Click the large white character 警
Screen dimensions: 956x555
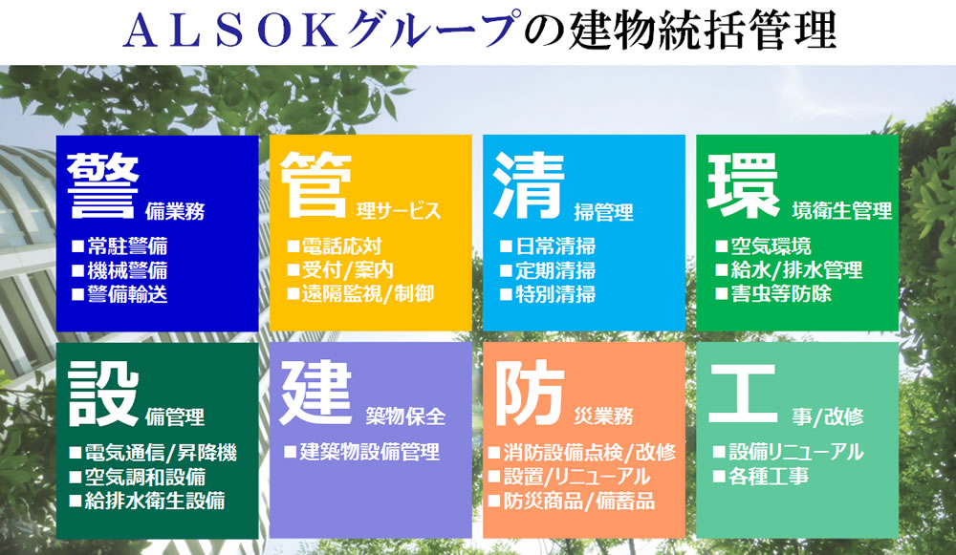click(x=103, y=185)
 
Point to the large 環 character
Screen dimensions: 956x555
click(x=743, y=185)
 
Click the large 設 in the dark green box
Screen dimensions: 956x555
click(x=103, y=393)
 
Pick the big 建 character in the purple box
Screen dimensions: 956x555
click(x=315, y=392)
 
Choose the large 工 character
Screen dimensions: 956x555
click(x=743, y=393)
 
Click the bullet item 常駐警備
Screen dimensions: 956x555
click(x=119, y=246)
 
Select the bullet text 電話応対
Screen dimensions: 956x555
click(x=335, y=246)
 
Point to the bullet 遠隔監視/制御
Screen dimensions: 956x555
click(x=361, y=293)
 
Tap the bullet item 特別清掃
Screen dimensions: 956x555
click(x=548, y=294)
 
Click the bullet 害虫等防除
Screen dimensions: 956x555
click(x=773, y=293)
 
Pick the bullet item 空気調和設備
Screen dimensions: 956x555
click(x=137, y=477)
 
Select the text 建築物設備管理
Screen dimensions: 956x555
click(x=362, y=452)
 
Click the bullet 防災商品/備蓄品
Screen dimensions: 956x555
click(x=572, y=501)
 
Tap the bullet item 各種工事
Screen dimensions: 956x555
click(x=761, y=476)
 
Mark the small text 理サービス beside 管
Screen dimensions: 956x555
click(x=399, y=211)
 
